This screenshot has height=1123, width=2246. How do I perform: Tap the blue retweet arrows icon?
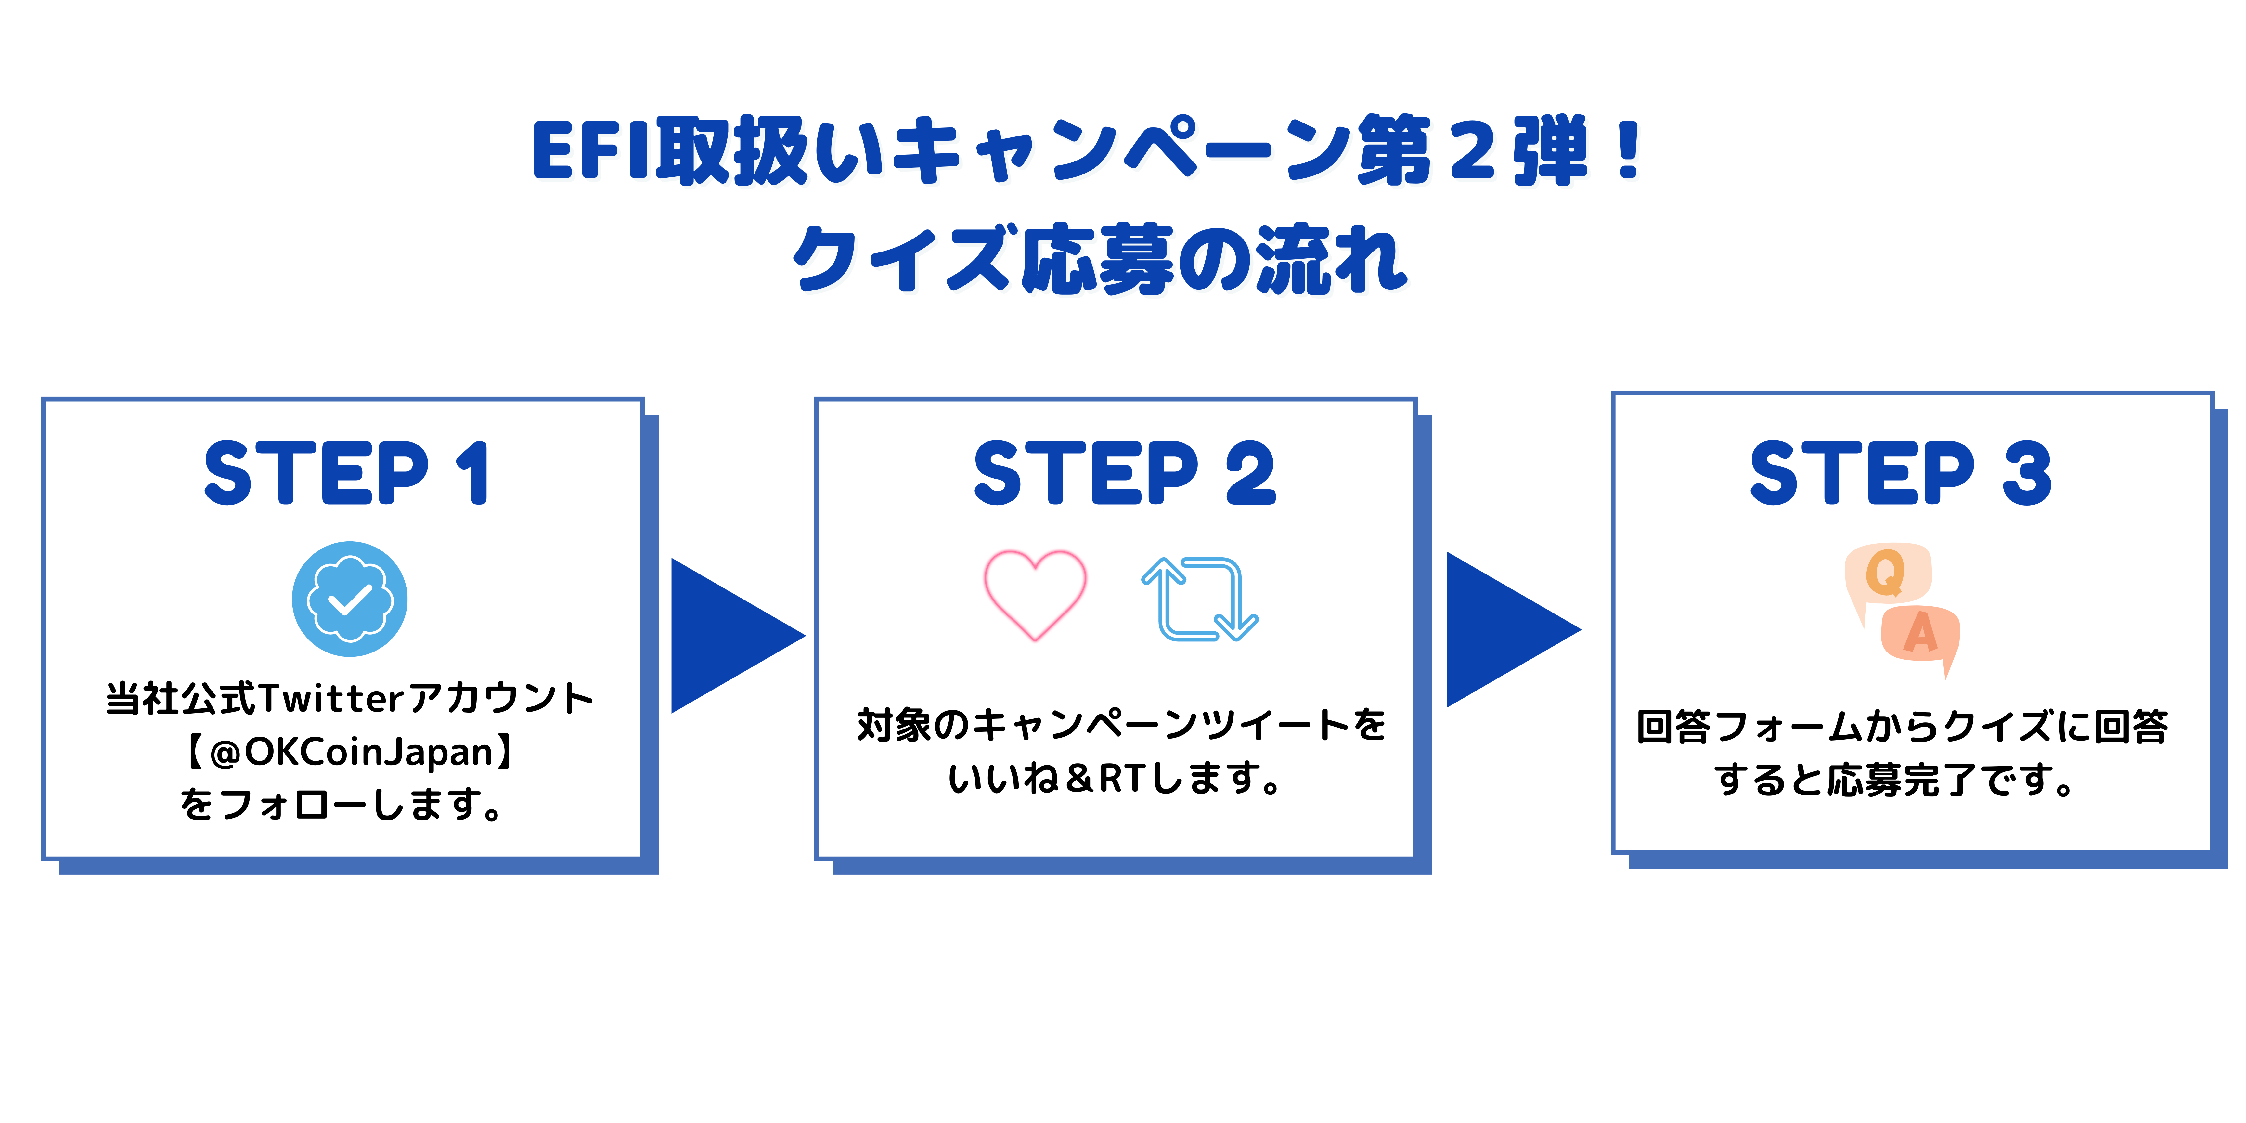pyautogui.click(x=1200, y=599)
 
